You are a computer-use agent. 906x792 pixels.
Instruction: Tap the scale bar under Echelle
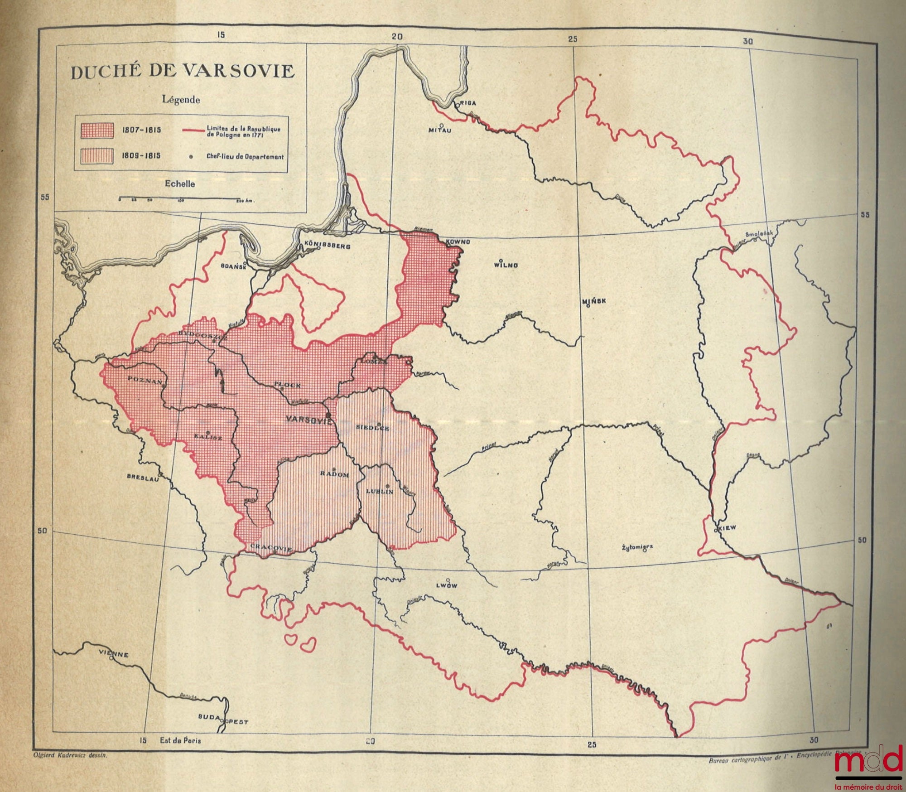pyautogui.click(x=179, y=199)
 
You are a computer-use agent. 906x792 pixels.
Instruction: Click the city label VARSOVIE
pyautogui.click(x=306, y=420)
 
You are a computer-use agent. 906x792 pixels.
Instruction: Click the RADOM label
pyautogui.click(x=334, y=474)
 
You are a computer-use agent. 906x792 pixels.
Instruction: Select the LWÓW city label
pyautogui.click(x=446, y=585)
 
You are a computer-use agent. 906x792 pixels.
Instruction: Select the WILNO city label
pyautogui.click(x=506, y=265)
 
